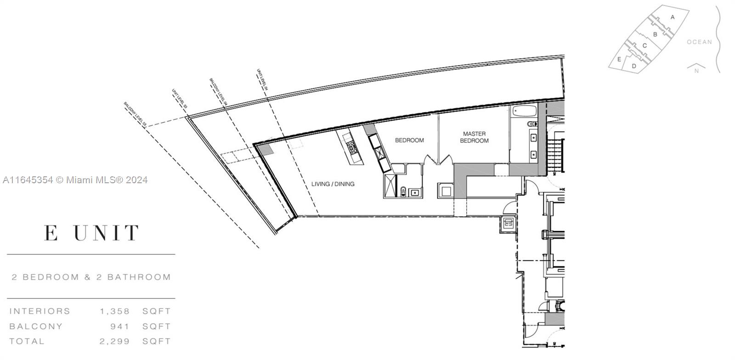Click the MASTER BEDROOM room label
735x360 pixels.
[474, 137]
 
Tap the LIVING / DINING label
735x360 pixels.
[333, 184]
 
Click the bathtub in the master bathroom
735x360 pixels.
[523, 111]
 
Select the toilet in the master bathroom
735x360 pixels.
[532, 123]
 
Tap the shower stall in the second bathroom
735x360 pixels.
[390, 186]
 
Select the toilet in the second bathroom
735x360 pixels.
[403, 192]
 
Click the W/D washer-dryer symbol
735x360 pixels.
[508, 224]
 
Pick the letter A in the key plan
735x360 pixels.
[673, 17]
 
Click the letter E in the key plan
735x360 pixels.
[619, 59]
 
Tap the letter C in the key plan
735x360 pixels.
[645, 45]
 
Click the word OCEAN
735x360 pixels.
[699, 42]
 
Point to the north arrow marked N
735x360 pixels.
[696, 69]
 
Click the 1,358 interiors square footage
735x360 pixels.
[115, 311]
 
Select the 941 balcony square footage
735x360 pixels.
[120, 326]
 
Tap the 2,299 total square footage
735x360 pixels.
[115, 342]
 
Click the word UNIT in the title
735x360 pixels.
[107, 233]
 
